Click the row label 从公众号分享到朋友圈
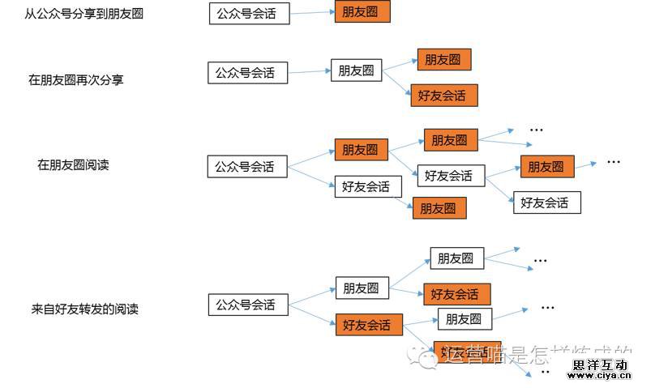tap(84, 13)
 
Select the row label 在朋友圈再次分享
tap(76, 80)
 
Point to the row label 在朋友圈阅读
tap(73, 164)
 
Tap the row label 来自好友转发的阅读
tap(85, 309)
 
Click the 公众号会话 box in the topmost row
tap(249, 13)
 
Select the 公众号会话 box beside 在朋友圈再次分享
tap(244, 72)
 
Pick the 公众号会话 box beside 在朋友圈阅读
tap(244, 167)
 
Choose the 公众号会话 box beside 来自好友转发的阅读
tap(245, 305)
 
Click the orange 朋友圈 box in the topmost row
tap(362, 11)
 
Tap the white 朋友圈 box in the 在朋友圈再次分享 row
tap(357, 70)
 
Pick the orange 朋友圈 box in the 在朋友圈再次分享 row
tap(443, 59)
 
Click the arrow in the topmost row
tap(311, 12)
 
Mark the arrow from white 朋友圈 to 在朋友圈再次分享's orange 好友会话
tap(396, 83)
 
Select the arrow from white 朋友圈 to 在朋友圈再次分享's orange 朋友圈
tap(399, 65)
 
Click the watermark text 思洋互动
tap(601, 365)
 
